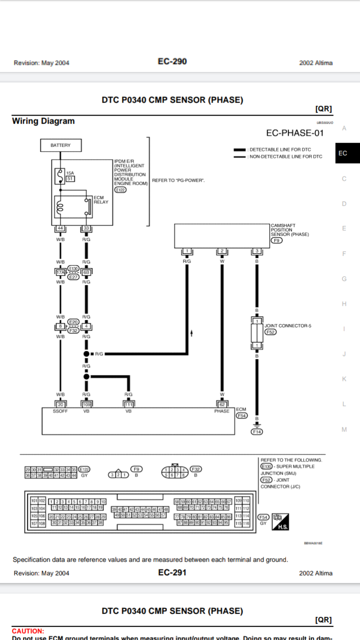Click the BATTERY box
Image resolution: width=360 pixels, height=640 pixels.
(x=60, y=145)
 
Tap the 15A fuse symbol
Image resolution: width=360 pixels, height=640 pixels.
(x=59, y=176)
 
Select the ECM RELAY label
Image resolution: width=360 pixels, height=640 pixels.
(x=101, y=200)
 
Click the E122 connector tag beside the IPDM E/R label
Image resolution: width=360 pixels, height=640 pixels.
(x=120, y=190)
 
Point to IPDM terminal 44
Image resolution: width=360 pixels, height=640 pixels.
(x=60, y=228)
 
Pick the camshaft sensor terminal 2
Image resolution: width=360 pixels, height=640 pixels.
(x=222, y=250)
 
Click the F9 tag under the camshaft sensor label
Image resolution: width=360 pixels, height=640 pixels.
(x=276, y=240)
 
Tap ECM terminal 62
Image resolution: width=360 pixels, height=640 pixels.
(x=222, y=404)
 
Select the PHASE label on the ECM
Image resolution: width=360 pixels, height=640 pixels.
(x=222, y=411)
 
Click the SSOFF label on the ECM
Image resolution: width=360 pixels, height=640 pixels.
(x=60, y=411)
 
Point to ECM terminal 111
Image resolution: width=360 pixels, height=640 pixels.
(x=128, y=404)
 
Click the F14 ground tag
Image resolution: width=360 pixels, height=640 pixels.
(x=257, y=431)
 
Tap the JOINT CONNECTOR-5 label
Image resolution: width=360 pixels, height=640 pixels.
(x=288, y=325)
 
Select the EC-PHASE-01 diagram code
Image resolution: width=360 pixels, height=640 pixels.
(x=294, y=133)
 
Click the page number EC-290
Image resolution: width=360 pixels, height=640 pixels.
(x=172, y=61)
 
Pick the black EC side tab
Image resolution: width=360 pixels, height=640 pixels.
(x=343, y=153)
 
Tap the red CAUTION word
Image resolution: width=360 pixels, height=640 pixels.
(x=28, y=631)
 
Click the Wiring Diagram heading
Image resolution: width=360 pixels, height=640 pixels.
(x=43, y=121)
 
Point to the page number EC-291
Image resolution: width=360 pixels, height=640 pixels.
(x=172, y=572)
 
